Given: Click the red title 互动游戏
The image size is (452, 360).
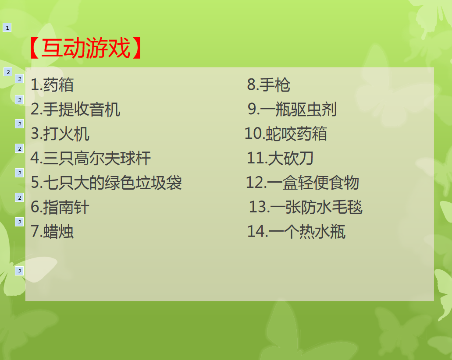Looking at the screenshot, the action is click(x=86, y=48).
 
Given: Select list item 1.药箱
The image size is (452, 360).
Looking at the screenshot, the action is click(x=52, y=85).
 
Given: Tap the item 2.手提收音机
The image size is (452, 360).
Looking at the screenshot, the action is click(x=75, y=109).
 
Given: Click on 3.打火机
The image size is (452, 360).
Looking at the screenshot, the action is click(x=60, y=134).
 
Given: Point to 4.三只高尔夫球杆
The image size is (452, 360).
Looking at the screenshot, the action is click(x=91, y=159).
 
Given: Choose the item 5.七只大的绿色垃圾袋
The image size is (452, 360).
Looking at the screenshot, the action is click(x=107, y=183).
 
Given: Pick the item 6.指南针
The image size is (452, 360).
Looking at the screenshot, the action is click(x=60, y=207).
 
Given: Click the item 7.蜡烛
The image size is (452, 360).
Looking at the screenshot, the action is click(x=52, y=232).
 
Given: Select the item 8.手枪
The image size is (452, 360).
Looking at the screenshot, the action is click(x=269, y=85).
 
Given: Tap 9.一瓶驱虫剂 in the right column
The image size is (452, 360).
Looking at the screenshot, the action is click(x=292, y=109).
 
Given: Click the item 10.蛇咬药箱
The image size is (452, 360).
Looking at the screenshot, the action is click(x=286, y=134).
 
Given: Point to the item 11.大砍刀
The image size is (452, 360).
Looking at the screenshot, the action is click(x=280, y=159).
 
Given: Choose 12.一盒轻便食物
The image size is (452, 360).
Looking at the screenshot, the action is click(x=303, y=183).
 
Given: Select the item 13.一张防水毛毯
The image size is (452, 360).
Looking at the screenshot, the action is click(x=306, y=207).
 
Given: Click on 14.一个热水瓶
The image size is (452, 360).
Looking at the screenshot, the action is click(x=296, y=232).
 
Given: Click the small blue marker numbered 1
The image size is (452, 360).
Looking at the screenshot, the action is click(x=7, y=28).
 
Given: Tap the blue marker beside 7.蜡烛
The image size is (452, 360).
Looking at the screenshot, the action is click(x=19, y=222).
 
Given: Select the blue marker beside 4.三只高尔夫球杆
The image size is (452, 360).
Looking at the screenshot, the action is click(x=19, y=148).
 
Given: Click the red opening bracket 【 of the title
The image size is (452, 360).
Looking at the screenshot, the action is click(x=34, y=48).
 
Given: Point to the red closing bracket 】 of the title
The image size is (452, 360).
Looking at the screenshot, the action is click(x=137, y=48).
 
